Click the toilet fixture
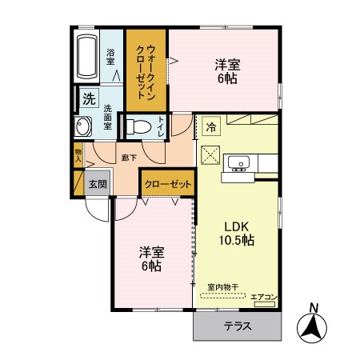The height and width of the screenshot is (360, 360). tap(138, 126)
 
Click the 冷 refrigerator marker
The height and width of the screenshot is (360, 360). tap(211, 126)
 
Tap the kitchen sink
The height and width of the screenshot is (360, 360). tap(238, 163)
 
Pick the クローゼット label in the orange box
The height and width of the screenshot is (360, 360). tap(168, 184)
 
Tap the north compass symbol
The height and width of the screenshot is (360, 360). tap(314, 325)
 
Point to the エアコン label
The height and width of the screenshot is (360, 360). tap(263, 298)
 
